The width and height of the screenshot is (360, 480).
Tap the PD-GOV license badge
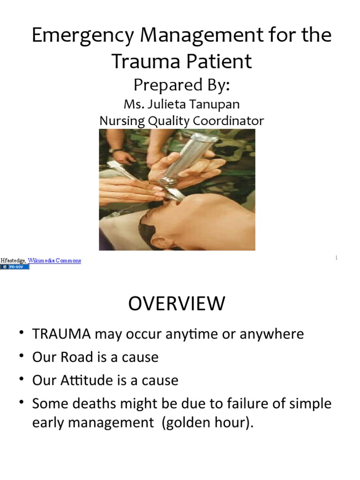(15, 267)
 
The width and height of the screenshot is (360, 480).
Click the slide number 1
(337, 258)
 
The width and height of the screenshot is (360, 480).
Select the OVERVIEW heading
(177, 304)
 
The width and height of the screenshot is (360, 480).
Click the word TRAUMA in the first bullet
(61, 334)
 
